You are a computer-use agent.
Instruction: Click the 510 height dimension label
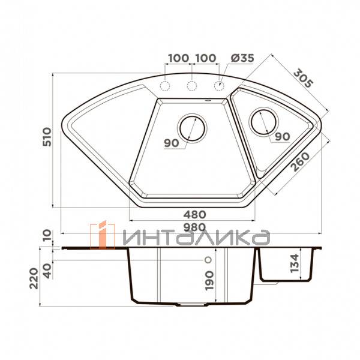point(47,137)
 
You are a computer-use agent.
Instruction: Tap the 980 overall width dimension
point(194,227)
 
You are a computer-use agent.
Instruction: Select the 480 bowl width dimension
point(194,215)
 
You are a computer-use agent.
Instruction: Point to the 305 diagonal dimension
point(303,78)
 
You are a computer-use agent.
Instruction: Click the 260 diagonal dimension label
point(301,162)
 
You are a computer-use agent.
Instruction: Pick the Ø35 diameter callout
point(242,58)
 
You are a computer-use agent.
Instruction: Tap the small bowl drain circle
point(263,122)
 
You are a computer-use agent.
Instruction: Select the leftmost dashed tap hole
point(165,86)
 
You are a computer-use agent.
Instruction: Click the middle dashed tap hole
point(192,86)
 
